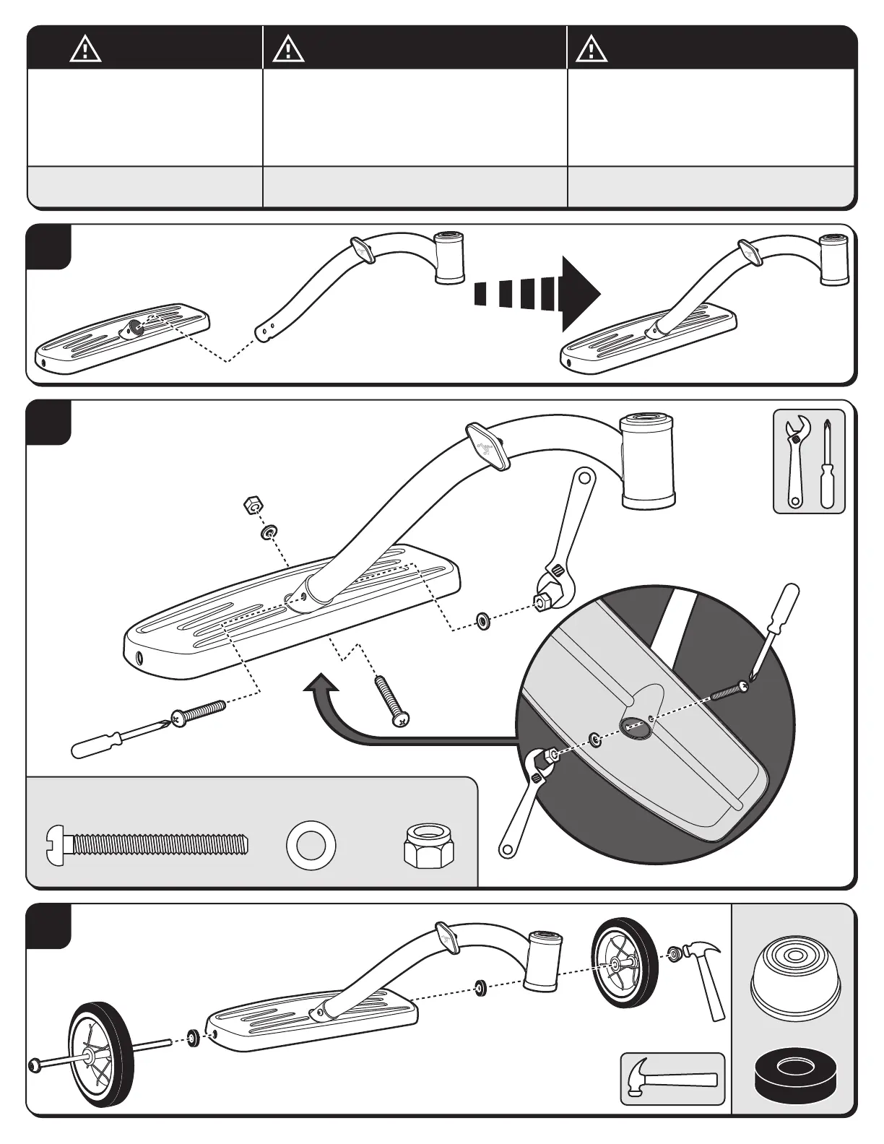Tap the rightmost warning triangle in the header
coord(591,50)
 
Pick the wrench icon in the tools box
coord(797,462)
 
